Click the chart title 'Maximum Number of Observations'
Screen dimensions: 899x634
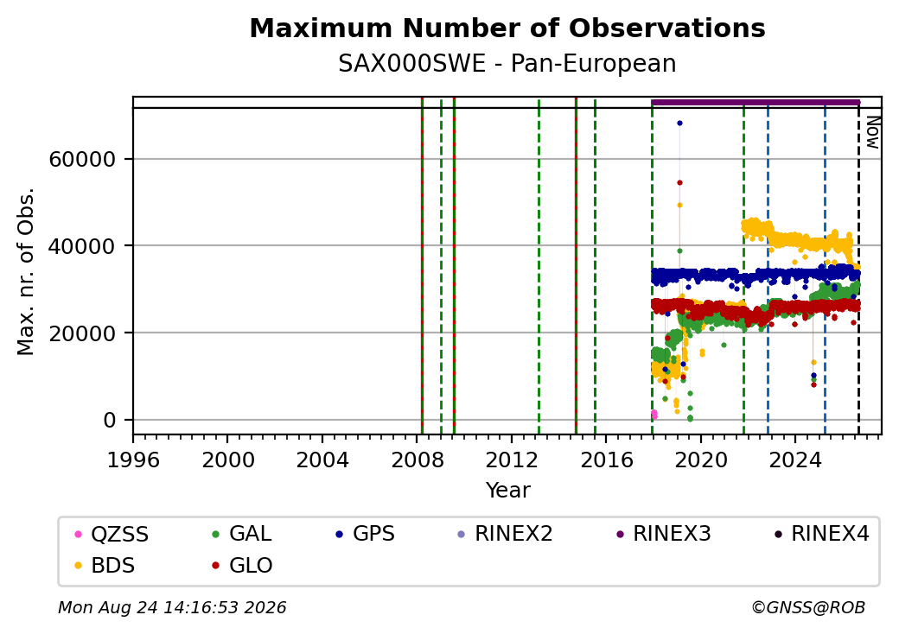click(x=507, y=28)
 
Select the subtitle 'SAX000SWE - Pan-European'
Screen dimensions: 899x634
click(x=507, y=64)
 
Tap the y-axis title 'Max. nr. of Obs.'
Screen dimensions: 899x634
click(x=26, y=271)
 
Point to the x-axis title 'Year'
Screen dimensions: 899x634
click(x=508, y=491)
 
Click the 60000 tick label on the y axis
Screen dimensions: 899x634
click(x=83, y=159)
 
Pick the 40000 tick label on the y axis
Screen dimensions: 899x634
click(x=83, y=246)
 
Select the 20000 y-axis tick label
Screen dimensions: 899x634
click(x=83, y=333)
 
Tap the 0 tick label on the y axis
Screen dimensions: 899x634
click(x=110, y=421)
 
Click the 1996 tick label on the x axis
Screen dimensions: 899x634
click(x=133, y=460)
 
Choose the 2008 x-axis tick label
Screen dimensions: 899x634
click(x=418, y=460)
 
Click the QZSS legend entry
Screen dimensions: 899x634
click(x=112, y=535)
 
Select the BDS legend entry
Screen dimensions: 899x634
click(x=105, y=566)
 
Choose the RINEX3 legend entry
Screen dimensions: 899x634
click(x=664, y=535)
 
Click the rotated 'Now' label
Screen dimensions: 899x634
click(x=872, y=132)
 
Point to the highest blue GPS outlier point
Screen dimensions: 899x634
click(x=680, y=124)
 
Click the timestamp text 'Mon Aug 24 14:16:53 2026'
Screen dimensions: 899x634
click(x=172, y=607)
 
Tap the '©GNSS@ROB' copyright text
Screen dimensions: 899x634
click(x=808, y=607)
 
